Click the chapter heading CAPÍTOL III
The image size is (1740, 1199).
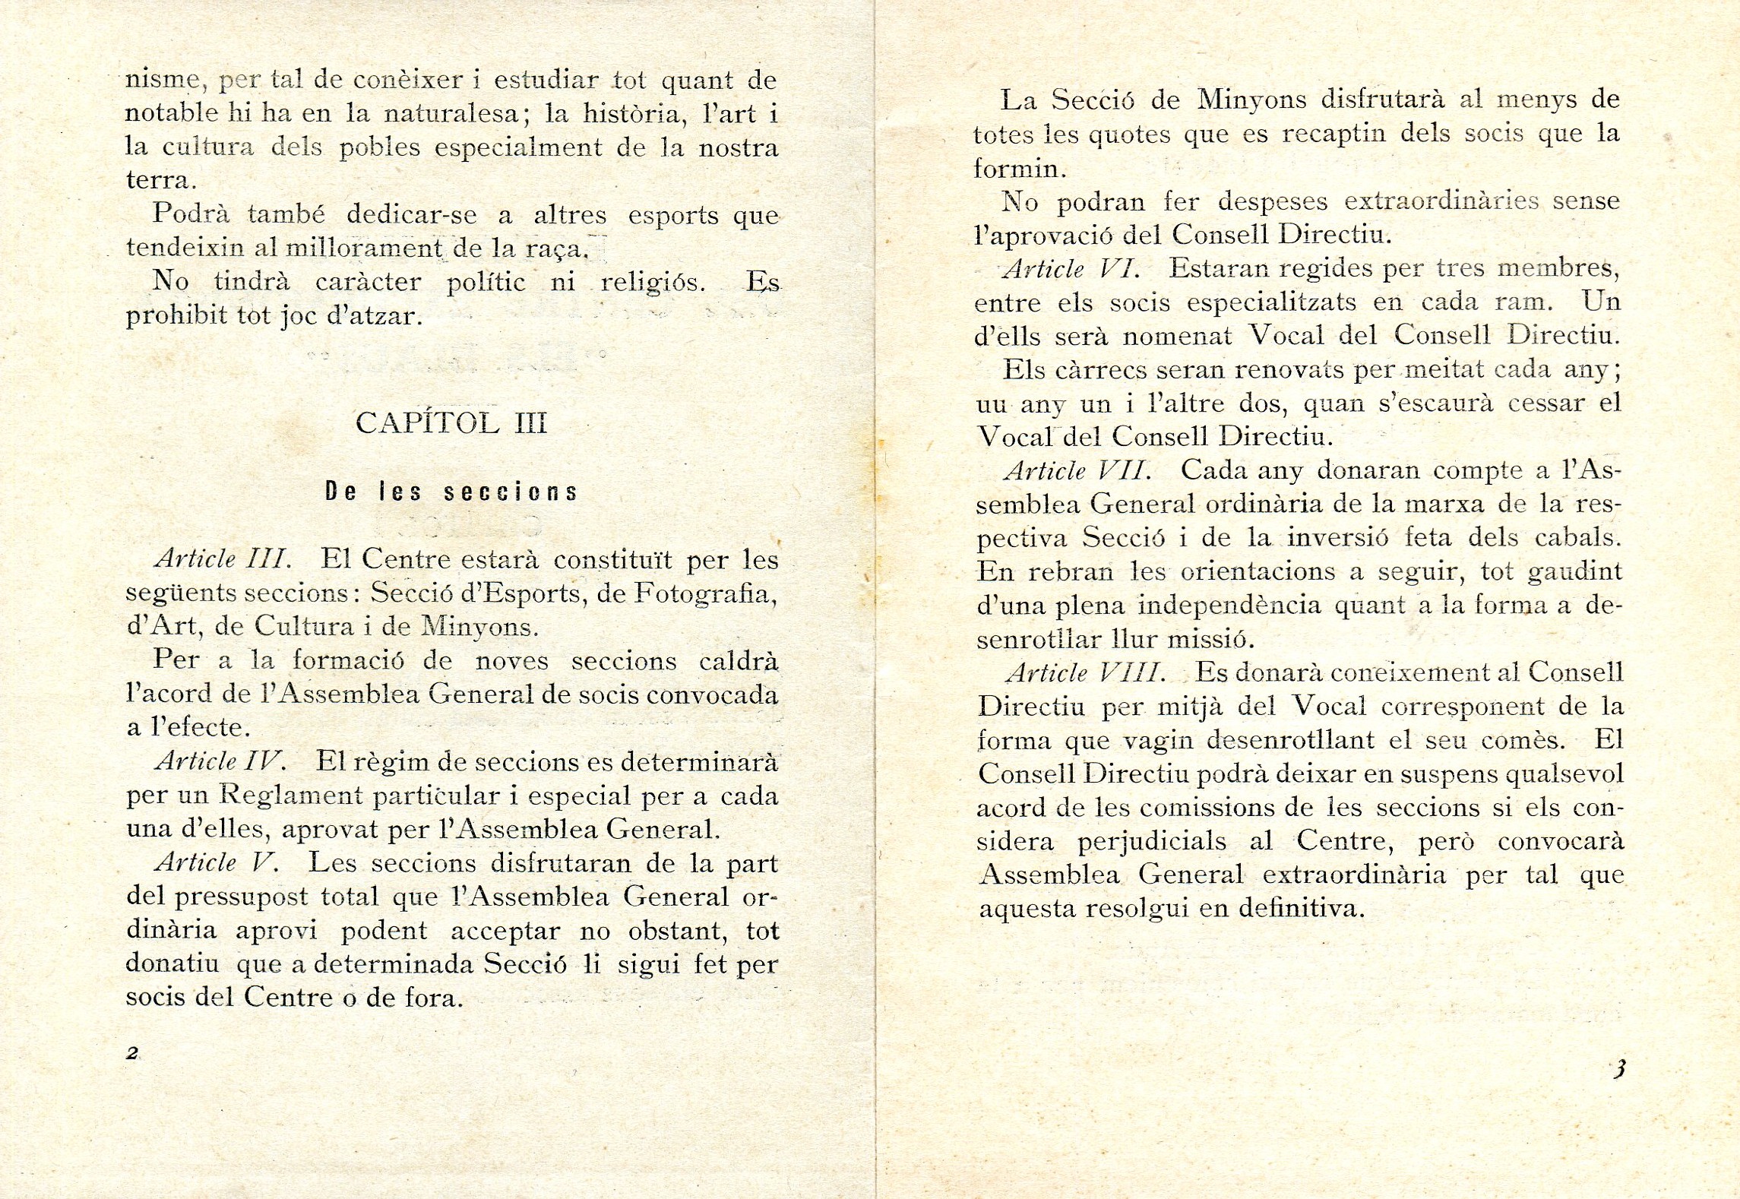point(451,423)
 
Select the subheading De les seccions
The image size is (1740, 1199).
point(451,492)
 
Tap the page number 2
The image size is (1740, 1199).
point(132,1053)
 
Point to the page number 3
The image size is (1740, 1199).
point(1619,1069)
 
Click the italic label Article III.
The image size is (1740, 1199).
point(223,559)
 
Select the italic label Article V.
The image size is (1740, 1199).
point(216,862)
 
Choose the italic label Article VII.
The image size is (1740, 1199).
point(1077,471)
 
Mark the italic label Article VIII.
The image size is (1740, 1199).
point(1085,673)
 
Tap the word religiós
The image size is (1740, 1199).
point(653,282)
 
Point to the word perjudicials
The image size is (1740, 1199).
point(1152,841)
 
